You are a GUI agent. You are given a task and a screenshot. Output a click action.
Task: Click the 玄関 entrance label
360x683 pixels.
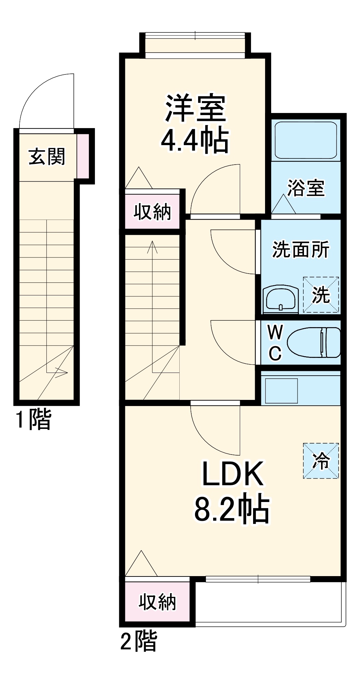tap(47, 157)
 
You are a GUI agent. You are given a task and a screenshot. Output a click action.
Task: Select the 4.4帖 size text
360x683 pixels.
tap(194, 140)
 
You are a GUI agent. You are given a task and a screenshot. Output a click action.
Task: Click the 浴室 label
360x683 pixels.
tap(306, 188)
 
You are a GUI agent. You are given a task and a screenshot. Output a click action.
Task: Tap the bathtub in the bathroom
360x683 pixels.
tap(306, 140)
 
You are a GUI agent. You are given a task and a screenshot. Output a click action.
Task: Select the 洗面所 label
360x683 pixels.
tap(301, 250)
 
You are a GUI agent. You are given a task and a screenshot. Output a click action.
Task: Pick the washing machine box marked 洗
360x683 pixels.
tap(321, 295)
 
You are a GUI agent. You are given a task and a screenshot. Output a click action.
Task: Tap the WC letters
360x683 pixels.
tap(275, 343)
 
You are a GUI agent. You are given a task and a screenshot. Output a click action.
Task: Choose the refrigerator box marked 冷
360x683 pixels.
tap(321, 461)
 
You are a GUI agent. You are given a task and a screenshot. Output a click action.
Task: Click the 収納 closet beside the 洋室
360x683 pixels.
tap(152, 212)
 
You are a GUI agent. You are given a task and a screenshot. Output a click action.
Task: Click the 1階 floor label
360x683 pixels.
tap(33, 420)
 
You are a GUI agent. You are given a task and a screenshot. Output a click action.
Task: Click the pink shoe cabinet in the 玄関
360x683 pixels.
tap(83, 156)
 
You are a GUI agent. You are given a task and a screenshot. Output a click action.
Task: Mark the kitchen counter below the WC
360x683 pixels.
tap(301, 389)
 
